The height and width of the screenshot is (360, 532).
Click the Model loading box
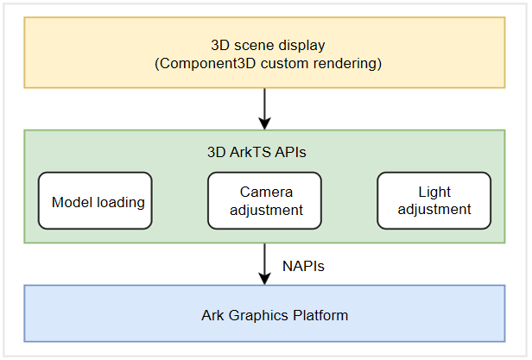coord(95,200)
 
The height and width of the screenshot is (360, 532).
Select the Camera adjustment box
coord(264,200)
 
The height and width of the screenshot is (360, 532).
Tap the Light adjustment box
coord(434,200)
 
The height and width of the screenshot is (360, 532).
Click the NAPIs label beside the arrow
coord(303,267)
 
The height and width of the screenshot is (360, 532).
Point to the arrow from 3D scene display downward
coord(264,108)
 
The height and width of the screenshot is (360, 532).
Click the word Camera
coord(264,192)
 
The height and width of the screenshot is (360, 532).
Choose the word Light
coord(434,192)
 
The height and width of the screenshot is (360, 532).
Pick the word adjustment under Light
coord(434,209)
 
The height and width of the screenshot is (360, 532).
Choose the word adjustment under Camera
coord(264,210)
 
